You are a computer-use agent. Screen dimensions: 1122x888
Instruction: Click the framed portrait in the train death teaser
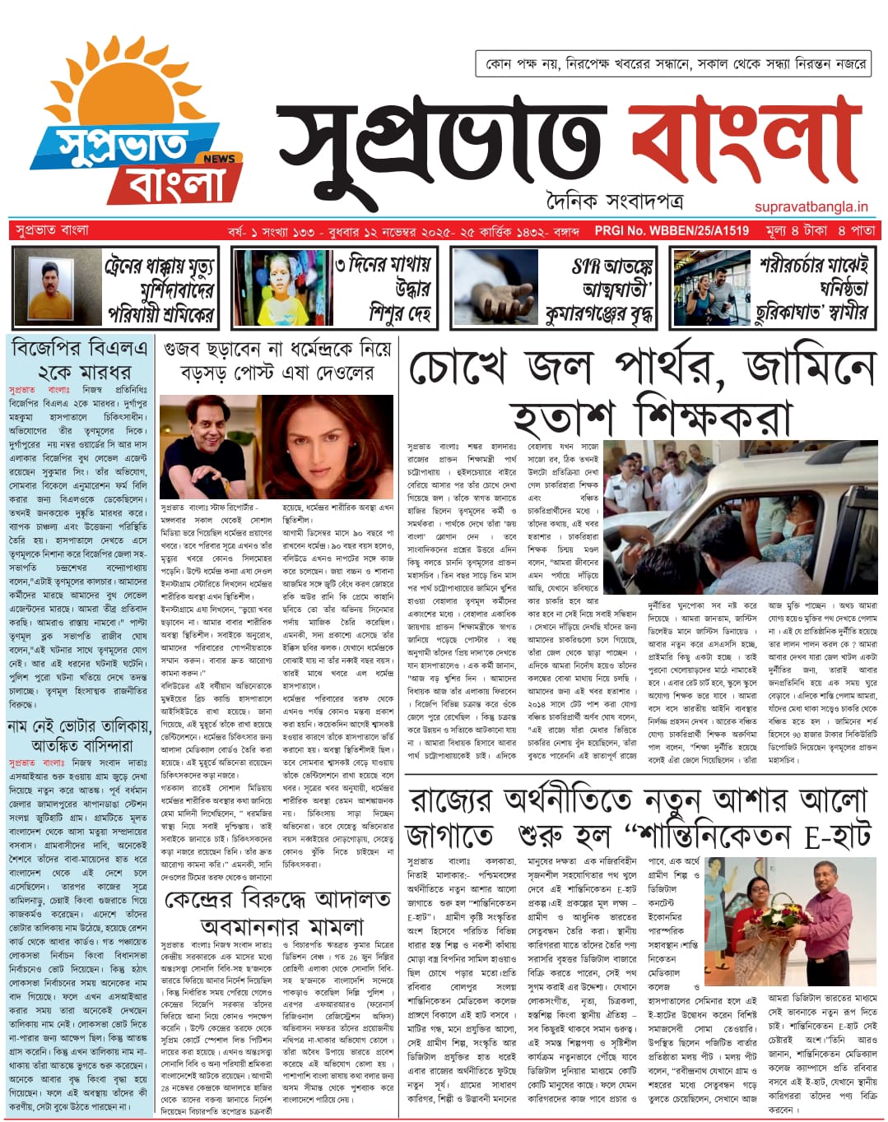click(58, 287)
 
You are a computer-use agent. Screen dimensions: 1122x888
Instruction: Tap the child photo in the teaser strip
click(282, 287)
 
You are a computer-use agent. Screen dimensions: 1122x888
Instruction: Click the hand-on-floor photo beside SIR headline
click(495, 287)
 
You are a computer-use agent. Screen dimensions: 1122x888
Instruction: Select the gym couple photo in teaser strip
click(712, 287)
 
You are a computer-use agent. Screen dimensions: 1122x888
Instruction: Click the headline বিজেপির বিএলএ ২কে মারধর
click(81, 360)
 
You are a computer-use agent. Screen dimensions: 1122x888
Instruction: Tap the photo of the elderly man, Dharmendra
click(209, 446)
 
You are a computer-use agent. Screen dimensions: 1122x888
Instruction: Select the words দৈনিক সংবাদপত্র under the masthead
click(614, 201)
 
